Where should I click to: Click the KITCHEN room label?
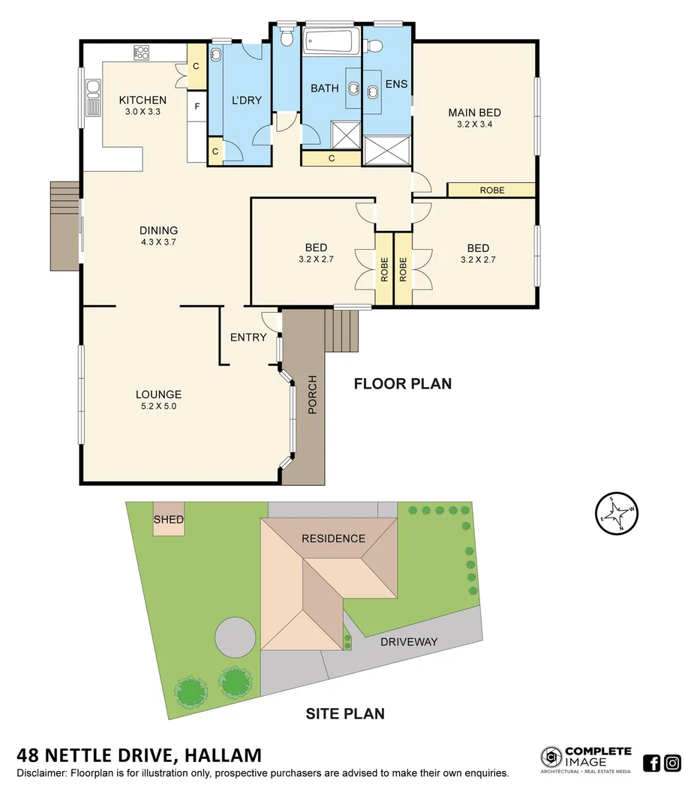tap(143, 100)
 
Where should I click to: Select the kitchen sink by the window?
tap(93, 97)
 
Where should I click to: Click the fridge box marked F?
tap(197, 106)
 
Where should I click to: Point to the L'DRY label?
tap(246, 100)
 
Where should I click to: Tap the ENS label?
tap(396, 84)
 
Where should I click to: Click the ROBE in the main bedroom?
tap(491, 190)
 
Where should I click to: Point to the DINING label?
tap(158, 230)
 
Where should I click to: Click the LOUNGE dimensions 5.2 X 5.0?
tap(158, 406)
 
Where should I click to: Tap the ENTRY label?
tap(248, 337)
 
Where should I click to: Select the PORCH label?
tap(313, 394)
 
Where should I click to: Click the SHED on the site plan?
tap(169, 520)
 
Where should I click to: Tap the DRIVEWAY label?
tap(409, 642)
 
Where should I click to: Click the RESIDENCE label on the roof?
tap(333, 538)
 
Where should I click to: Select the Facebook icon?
tap(652, 763)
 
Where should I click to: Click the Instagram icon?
tap(672, 763)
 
